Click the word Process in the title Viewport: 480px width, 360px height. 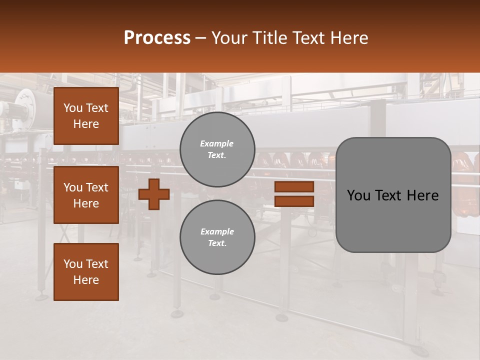click(157, 38)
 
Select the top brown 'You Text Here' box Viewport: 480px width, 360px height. click(86, 116)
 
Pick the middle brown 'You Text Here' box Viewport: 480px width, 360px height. click(86, 195)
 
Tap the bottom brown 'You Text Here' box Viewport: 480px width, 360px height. click(86, 272)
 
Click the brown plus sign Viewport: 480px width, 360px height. click(154, 194)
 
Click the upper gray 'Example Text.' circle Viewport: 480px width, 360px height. click(217, 149)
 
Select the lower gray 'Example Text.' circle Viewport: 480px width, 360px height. click(217, 237)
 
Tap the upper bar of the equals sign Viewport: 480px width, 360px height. click(294, 187)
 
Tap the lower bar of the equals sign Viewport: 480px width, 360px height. click(294, 201)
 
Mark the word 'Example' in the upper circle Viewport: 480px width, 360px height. click(216, 144)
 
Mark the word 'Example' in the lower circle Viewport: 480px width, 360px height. click(217, 232)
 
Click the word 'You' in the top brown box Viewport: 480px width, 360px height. click(73, 108)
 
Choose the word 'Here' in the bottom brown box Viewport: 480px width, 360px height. click(86, 280)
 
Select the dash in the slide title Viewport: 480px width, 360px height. click(201, 38)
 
